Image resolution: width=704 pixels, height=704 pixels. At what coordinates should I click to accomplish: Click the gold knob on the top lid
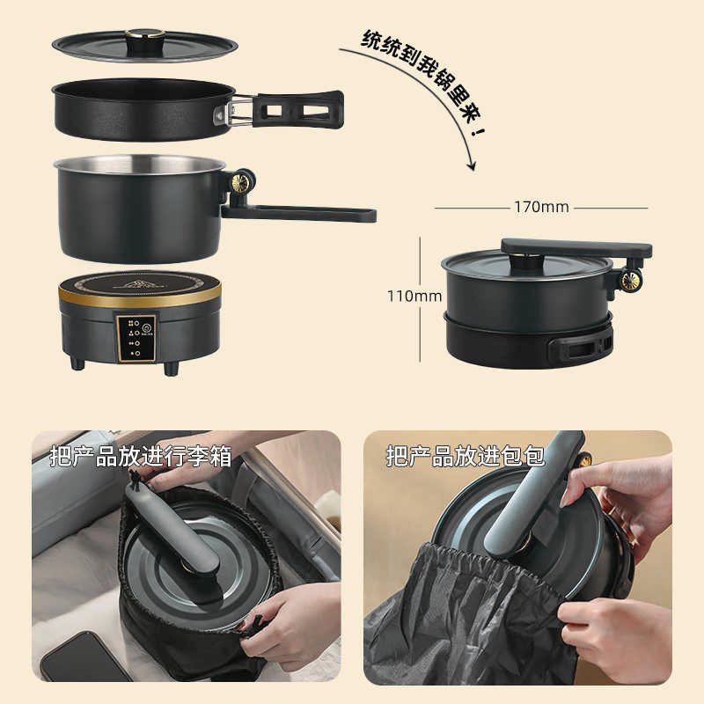pos(144,34)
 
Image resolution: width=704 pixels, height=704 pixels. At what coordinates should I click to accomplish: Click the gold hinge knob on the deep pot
pos(239,183)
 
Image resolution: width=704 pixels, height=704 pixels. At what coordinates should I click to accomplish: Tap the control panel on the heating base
pos(136,337)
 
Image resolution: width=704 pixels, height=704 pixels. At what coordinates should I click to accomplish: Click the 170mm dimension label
pos(541,208)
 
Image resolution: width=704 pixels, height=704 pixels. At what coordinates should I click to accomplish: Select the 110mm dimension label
pos(414,297)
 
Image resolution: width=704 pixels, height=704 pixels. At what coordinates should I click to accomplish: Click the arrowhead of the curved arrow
pos(472,165)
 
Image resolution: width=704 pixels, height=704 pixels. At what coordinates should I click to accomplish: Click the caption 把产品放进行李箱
pos(141,456)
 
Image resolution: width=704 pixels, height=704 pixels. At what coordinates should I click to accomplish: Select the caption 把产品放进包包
pos(466,456)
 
